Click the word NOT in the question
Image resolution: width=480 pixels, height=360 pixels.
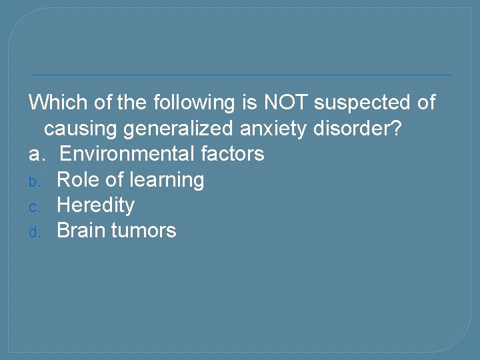pyautogui.click(x=286, y=103)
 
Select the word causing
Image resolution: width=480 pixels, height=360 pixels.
pyautogui.click(x=81, y=128)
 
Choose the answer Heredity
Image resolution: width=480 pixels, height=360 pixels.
pyautogui.click(x=95, y=205)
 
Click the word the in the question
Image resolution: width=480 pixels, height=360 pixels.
pyautogui.click(x=132, y=103)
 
